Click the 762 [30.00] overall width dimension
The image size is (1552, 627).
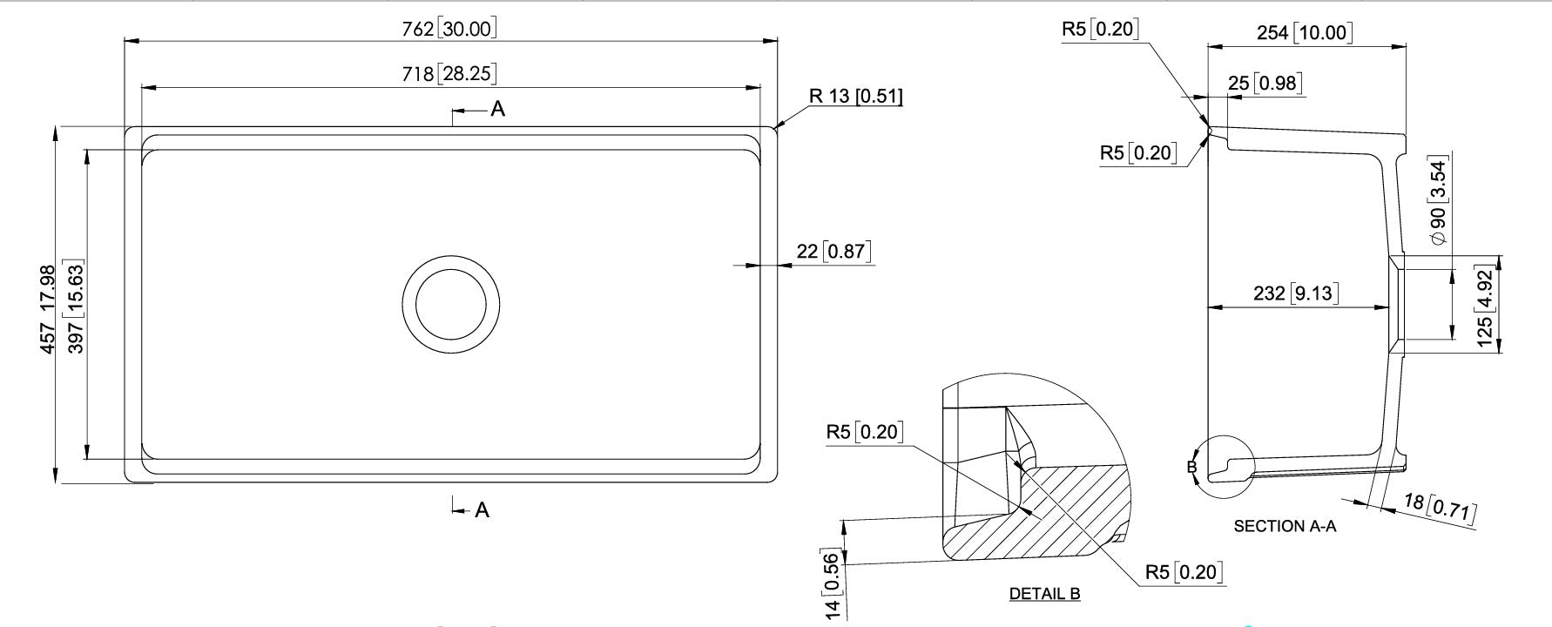[449, 29]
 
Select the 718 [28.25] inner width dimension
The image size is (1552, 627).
[449, 74]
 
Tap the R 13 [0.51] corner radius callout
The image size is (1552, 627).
[856, 96]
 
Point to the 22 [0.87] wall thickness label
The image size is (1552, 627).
[833, 252]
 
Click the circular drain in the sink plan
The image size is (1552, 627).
[451, 304]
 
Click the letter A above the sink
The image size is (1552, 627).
[497, 110]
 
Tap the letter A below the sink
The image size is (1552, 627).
[482, 510]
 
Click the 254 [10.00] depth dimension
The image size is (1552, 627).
[1305, 33]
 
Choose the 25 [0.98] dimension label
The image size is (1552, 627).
[1265, 84]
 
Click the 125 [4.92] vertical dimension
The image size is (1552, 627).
[1485, 307]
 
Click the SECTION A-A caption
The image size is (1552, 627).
[1285, 526]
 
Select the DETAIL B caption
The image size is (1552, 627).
[1044, 594]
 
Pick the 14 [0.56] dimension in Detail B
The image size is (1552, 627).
[832, 587]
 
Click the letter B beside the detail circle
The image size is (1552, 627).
[1192, 468]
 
